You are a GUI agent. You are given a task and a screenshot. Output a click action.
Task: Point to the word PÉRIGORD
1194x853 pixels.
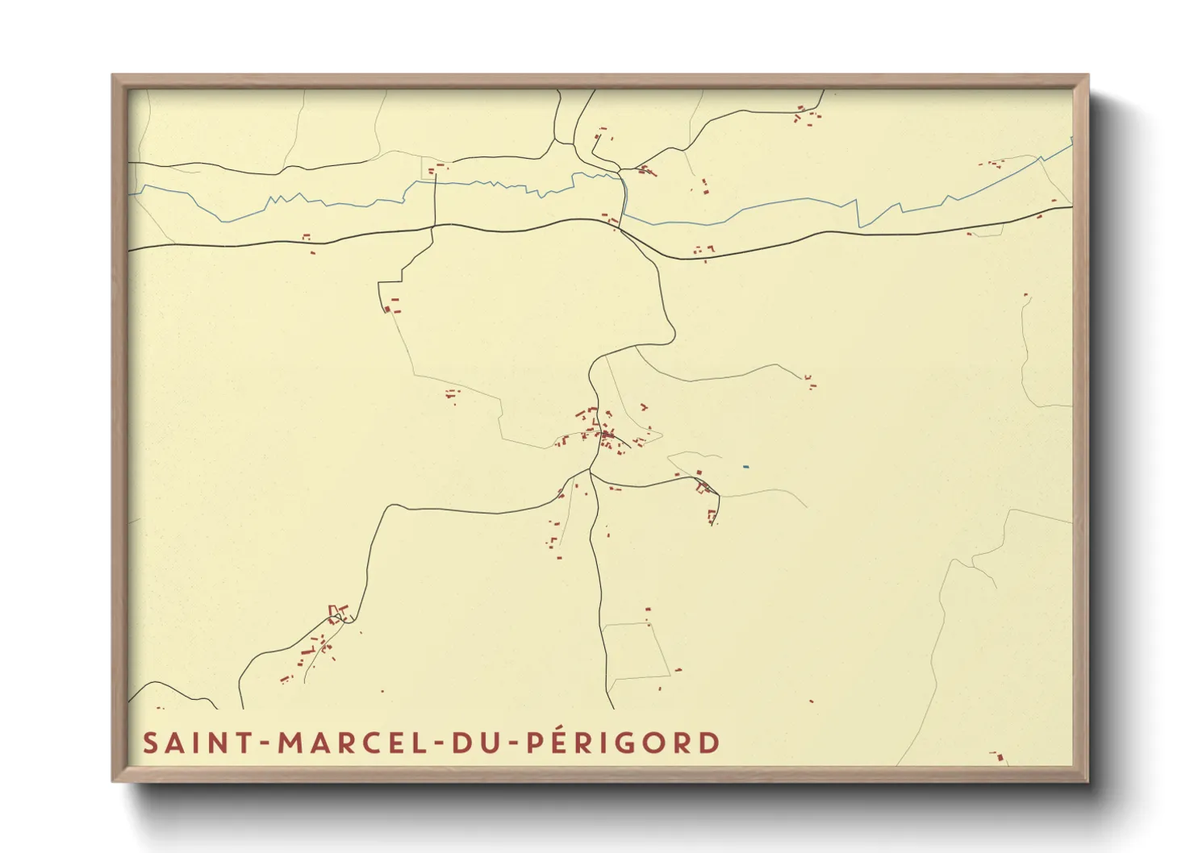coord(623,743)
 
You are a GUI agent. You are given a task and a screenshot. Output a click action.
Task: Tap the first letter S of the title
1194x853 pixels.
coord(150,743)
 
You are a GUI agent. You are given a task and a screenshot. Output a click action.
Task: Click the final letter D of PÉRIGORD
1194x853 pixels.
coord(709,743)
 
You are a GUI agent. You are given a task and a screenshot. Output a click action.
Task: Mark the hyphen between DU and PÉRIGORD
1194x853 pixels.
coord(513,743)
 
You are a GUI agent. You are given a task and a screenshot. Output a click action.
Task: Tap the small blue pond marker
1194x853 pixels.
coord(746,466)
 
